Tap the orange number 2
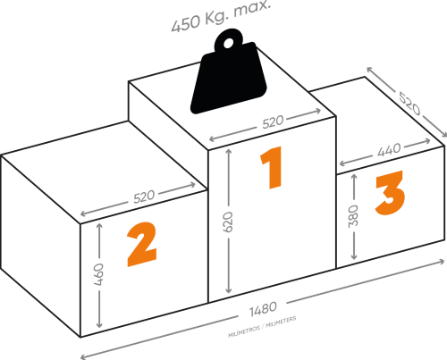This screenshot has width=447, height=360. point(142,244)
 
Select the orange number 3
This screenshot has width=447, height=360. point(390,193)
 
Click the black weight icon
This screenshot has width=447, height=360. point(229,71)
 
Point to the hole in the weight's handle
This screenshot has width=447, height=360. point(228,44)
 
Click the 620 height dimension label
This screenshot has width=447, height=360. point(228,222)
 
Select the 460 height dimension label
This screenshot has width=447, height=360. point(98,274)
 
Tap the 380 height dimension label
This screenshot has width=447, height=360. point(353,216)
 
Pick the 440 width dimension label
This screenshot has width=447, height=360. point(389,150)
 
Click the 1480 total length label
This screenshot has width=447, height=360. point(263,309)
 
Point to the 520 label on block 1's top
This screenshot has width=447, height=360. point(273,121)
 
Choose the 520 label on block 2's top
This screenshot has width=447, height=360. point(144,197)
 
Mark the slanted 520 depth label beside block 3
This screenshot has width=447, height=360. point(409,104)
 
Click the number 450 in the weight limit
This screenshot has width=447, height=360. point(186,23)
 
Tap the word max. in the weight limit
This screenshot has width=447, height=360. point(252,9)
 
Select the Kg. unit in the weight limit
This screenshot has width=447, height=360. point(217,18)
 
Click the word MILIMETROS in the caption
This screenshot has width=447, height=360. point(244,332)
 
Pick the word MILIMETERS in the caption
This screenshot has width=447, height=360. point(281,322)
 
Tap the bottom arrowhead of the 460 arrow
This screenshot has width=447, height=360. point(99,324)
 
